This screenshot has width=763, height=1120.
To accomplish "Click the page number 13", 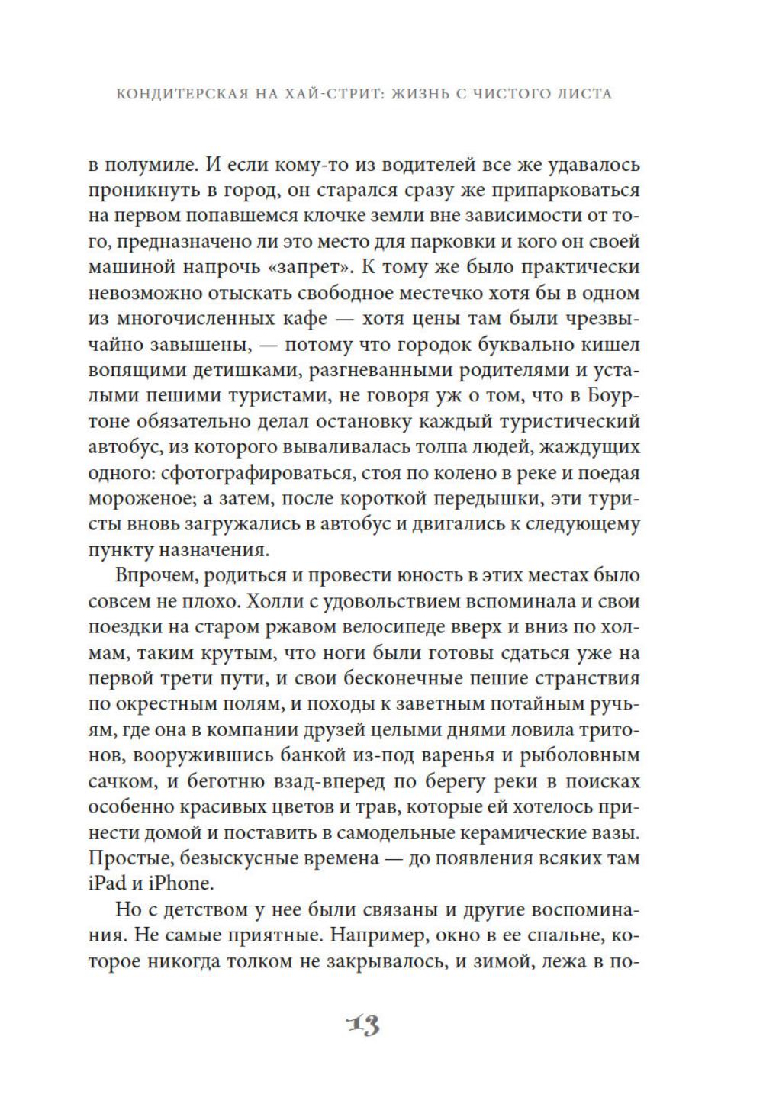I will [362, 1025].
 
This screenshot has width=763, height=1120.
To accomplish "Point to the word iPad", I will [106, 883].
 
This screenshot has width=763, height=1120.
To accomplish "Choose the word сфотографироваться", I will [251, 473].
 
